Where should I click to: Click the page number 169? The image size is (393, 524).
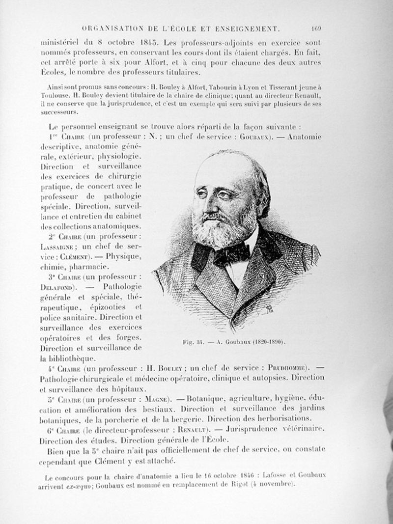(315, 28)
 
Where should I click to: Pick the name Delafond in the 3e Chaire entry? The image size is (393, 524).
(57, 287)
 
